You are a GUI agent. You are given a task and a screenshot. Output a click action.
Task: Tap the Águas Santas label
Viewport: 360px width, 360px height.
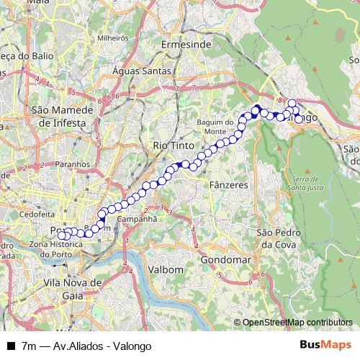click(143, 71)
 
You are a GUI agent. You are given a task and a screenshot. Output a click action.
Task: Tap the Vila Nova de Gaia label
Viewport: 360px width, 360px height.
click(71, 289)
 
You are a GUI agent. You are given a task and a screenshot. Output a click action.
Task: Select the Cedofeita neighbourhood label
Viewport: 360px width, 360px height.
click(37, 214)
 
